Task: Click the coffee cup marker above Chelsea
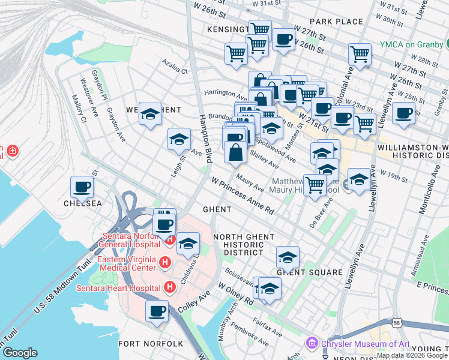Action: point(82,186)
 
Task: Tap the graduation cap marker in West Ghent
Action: point(150,114)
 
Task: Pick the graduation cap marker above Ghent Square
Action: point(288,257)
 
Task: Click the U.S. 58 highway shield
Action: point(397,322)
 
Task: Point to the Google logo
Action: point(20,353)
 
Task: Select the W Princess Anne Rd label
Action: point(242,196)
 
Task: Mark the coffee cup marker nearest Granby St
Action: point(403,112)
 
